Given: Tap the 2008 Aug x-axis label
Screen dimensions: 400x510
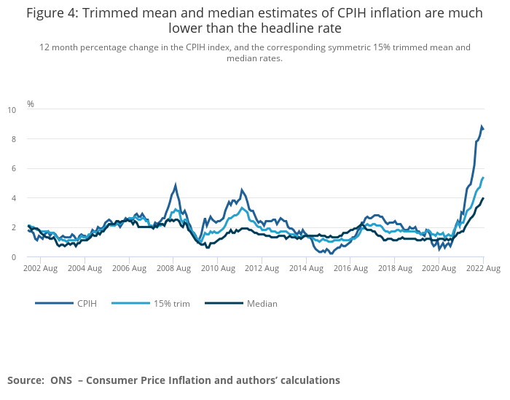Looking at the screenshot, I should click(175, 268).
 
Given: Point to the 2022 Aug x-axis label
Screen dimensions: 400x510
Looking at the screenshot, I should click(483, 268).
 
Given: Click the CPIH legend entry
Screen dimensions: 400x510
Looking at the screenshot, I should click(86, 303).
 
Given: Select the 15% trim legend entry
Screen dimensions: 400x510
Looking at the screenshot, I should click(171, 303).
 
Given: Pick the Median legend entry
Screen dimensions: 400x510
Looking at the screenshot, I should click(262, 303).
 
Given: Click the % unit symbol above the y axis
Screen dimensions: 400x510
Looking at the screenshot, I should click(31, 103).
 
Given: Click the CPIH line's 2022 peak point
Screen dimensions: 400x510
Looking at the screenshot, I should click(482, 127).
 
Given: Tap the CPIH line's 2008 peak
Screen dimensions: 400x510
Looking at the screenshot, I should click(176, 185).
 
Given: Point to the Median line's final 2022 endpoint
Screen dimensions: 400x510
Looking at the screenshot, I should click(483, 198).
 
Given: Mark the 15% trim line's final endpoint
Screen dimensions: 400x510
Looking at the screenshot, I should click(483, 178).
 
